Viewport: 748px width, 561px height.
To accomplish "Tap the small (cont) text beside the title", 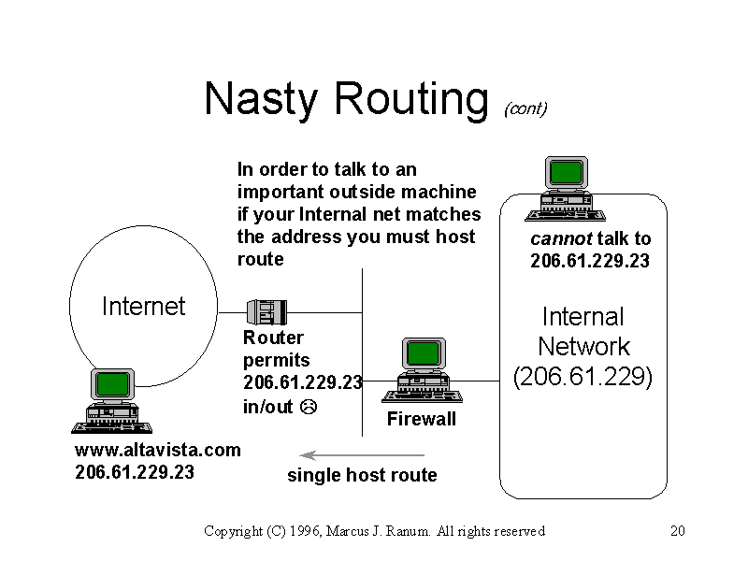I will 525,109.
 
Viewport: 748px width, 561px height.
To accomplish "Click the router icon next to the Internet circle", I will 266,311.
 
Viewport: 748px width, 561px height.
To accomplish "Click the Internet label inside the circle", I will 143,307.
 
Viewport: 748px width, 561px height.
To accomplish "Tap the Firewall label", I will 421,419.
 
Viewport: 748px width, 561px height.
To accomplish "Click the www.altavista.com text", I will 157,450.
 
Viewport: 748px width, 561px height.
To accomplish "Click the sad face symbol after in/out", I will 309,407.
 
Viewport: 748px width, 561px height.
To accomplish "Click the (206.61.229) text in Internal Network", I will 583,376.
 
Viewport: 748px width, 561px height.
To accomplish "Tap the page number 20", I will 679,531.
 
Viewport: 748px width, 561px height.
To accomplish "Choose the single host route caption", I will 362,475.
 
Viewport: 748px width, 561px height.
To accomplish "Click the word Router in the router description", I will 273,338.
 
